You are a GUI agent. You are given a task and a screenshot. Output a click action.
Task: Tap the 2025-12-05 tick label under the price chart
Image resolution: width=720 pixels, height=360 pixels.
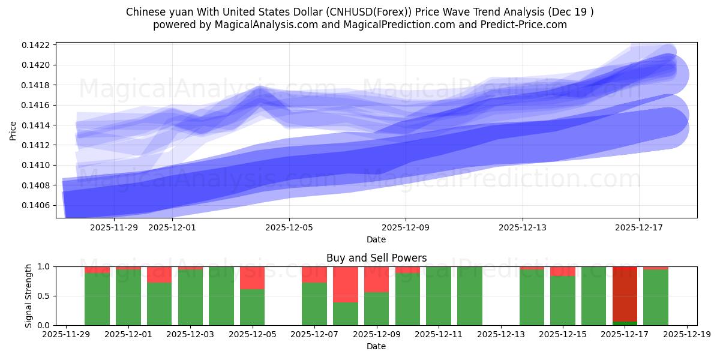(289, 227)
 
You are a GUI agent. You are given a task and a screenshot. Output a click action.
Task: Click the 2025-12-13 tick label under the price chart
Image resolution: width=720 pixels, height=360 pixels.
(522, 227)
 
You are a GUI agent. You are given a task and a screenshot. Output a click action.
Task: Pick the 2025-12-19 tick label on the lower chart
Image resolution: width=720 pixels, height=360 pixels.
(686, 335)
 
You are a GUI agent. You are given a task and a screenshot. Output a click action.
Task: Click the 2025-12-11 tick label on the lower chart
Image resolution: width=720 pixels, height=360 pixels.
(439, 335)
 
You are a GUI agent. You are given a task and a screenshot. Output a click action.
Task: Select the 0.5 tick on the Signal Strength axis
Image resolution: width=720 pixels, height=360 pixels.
(45, 296)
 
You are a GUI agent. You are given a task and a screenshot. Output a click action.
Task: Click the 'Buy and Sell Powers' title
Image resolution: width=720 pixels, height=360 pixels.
(376, 258)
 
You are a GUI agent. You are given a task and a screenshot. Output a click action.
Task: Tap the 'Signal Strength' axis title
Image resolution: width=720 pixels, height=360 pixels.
(28, 296)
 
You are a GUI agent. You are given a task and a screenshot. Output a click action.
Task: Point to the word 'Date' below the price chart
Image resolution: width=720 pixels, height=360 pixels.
(376, 239)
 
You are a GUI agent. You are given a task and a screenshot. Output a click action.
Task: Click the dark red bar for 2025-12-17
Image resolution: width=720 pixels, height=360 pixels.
(625, 294)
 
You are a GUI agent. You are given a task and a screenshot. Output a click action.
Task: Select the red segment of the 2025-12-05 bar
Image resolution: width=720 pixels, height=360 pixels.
(252, 278)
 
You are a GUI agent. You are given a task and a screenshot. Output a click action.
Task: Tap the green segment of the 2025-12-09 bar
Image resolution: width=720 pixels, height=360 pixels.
(376, 308)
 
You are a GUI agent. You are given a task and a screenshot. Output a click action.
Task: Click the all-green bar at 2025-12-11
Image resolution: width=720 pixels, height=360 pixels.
(439, 296)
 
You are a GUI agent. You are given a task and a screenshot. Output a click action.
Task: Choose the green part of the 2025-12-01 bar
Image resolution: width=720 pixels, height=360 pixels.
(128, 297)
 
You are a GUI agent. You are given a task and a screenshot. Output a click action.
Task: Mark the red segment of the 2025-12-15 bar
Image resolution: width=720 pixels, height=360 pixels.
(563, 271)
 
